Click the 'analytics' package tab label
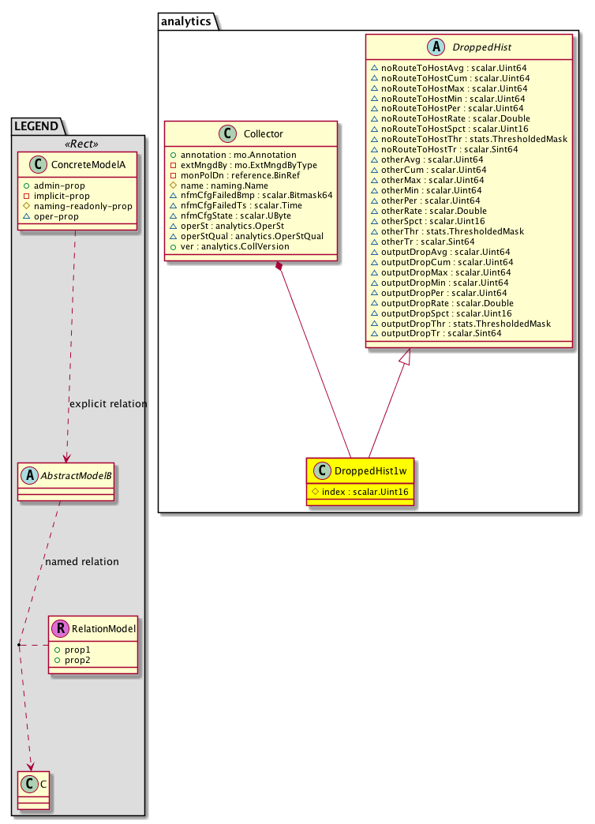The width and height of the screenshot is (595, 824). pyautogui.click(x=186, y=21)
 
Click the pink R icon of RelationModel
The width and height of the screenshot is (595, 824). pyautogui.click(x=61, y=629)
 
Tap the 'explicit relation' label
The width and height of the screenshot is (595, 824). pyautogui.click(x=108, y=403)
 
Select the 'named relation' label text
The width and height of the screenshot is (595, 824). pyautogui.click(x=82, y=562)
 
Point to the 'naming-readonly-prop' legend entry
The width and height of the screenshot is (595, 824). pyautogui.click(x=83, y=205)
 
